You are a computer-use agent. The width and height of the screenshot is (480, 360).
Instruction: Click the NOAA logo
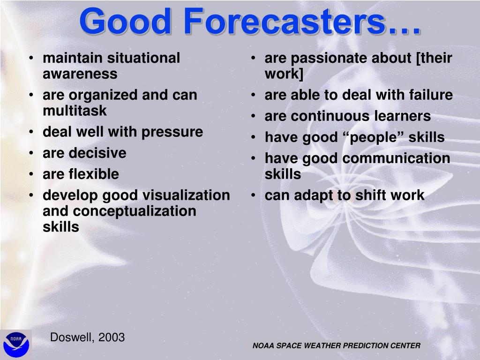pyautogui.click(x=16, y=345)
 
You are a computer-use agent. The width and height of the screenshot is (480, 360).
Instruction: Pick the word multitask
pyautogui.click(x=75, y=111)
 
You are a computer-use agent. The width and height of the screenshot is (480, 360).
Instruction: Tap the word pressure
pyautogui.click(x=172, y=132)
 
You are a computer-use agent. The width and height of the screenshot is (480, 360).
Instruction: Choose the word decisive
pyautogui.click(x=97, y=153)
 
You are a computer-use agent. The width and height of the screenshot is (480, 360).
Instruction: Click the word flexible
pyautogui.click(x=94, y=174)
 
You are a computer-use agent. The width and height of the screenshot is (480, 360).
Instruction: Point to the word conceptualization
pyautogui.click(x=135, y=211)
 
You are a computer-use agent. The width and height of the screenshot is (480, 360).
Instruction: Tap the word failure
pyautogui.click(x=431, y=95)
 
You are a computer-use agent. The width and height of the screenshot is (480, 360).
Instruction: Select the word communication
pyautogui.click(x=396, y=158)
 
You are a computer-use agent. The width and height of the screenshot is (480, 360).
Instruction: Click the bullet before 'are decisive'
pyautogui.click(x=31, y=153)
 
